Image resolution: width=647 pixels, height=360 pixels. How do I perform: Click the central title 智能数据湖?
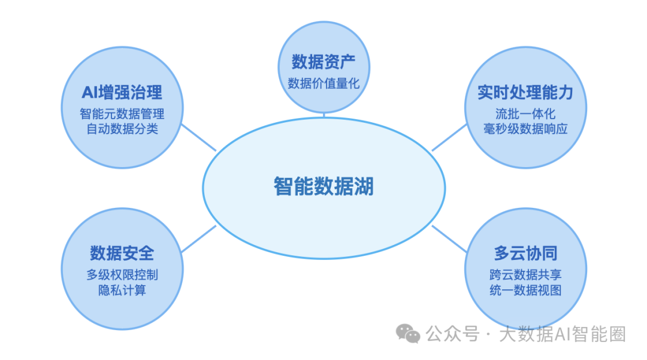point(323,186)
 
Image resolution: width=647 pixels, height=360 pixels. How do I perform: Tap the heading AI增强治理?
point(122,92)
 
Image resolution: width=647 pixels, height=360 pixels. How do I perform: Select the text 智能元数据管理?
point(122,114)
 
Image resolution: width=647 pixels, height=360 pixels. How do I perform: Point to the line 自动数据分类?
point(122,129)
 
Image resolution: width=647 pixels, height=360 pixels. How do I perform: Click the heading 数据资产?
point(323,62)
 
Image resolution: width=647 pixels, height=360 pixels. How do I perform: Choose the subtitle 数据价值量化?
point(323,84)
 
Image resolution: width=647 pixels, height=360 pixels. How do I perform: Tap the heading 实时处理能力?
point(525,92)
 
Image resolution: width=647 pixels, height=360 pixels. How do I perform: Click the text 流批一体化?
point(525,114)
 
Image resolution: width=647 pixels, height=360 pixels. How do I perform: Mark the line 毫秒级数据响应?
point(525,129)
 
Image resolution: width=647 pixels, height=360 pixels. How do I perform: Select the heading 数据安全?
point(122,253)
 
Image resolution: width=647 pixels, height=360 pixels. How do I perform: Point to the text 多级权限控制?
point(122,275)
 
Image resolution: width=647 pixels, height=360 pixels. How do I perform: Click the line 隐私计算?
point(122,291)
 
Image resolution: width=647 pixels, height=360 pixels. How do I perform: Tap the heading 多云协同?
point(525,253)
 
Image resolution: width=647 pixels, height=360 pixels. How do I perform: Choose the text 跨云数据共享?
point(525,275)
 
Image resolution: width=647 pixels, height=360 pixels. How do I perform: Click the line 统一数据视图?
point(525,291)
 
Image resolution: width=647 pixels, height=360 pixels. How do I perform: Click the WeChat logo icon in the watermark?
point(408,334)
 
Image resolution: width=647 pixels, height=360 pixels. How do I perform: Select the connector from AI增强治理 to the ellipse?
point(198,137)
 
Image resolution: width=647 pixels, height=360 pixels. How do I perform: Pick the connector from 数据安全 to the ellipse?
point(198,239)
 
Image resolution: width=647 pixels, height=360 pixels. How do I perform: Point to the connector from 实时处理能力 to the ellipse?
point(449,137)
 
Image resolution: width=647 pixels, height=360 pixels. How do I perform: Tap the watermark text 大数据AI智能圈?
point(563,334)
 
